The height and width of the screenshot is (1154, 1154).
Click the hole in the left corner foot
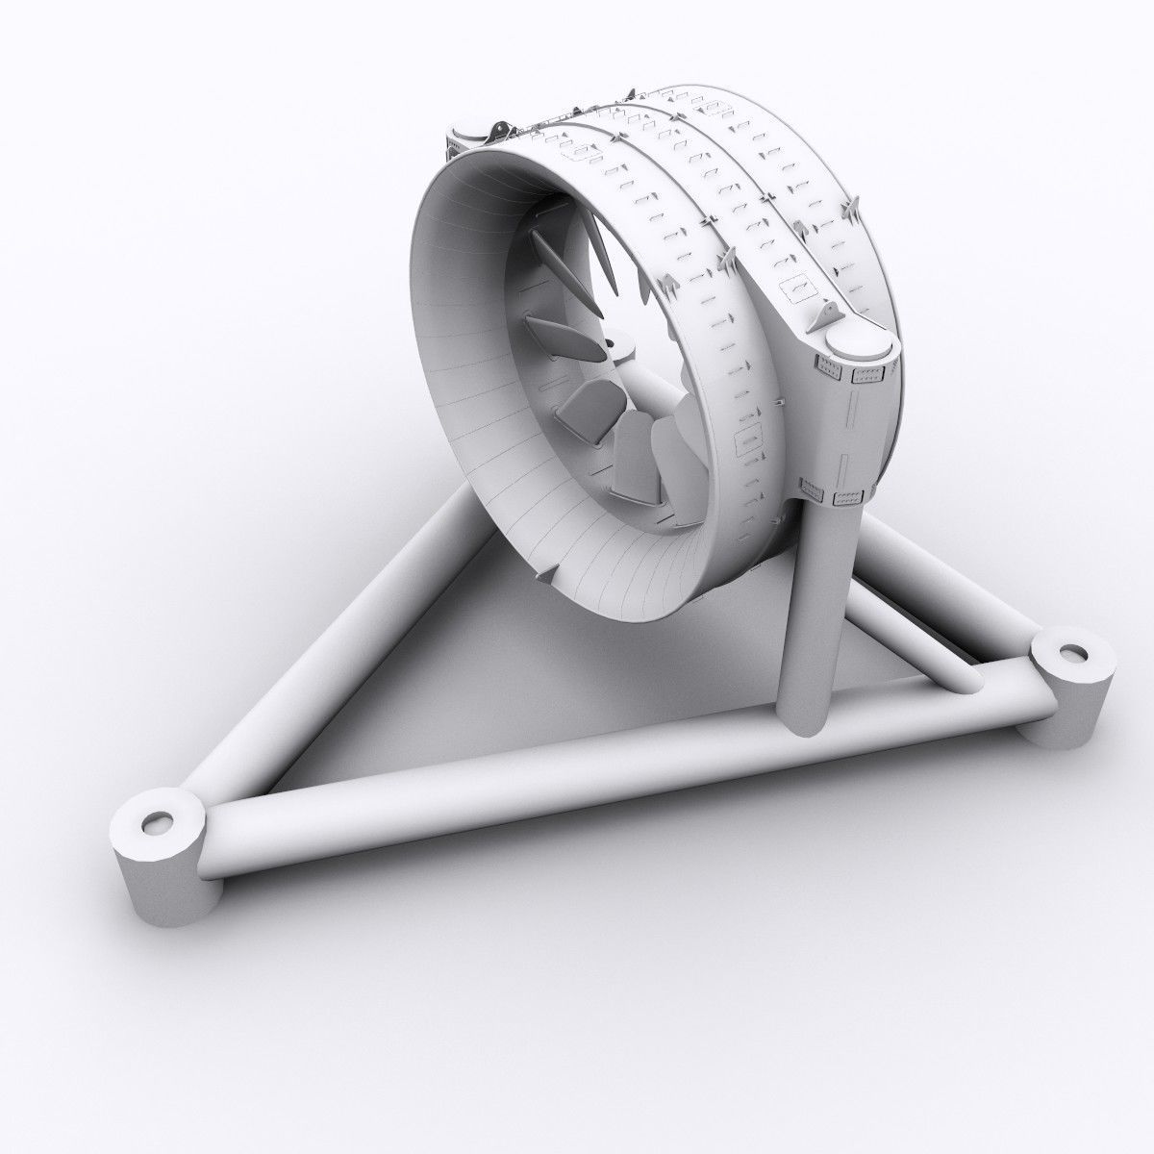[158, 820]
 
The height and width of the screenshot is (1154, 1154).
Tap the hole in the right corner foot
[1065, 654]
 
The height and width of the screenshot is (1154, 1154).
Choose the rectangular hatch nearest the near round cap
[795, 285]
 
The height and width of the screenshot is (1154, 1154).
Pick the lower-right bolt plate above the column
[850, 496]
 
